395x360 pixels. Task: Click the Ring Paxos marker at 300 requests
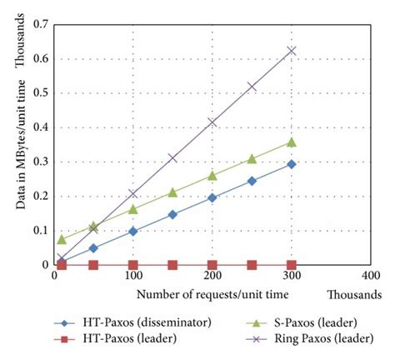291,51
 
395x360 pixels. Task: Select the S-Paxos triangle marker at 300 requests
291,142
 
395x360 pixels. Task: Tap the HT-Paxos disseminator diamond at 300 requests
291,164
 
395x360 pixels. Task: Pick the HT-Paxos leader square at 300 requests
291,265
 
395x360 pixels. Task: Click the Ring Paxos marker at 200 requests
212,122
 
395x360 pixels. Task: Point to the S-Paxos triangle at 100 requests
132,209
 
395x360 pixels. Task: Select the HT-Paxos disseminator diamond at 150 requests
172,214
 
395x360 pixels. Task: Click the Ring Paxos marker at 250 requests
252,87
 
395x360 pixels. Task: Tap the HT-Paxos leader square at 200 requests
212,265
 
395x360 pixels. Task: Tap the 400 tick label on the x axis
369,276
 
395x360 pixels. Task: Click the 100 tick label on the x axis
133,276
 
